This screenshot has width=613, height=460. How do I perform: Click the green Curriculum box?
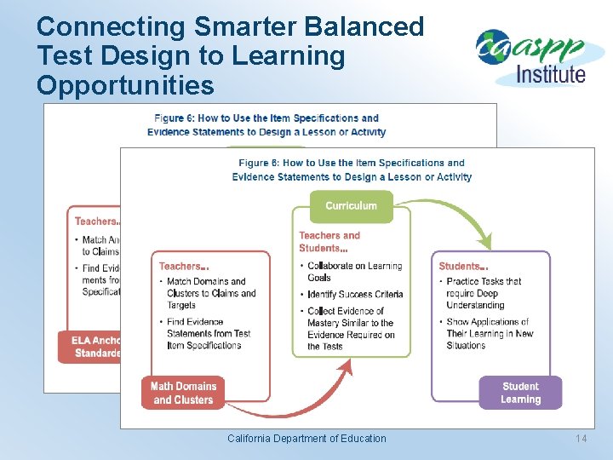point(351,206)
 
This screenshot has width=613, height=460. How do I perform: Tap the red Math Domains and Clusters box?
point(185,393)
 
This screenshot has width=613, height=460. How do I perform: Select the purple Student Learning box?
point(520,393)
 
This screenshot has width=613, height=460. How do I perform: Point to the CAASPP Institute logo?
point(530,57)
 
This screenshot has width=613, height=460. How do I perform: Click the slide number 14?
point(581,439)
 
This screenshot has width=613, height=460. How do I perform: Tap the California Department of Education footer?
point(306,439)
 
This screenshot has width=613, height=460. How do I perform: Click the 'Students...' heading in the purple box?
point(463,267)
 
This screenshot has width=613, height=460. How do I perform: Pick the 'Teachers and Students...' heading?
point(329,242)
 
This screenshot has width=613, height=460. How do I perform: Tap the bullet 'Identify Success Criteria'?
point(355,295)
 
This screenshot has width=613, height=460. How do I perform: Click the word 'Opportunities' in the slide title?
point(125,85)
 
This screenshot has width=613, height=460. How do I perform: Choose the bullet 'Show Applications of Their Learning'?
point(488,333)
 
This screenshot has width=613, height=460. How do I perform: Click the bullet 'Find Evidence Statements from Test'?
point(209,333)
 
